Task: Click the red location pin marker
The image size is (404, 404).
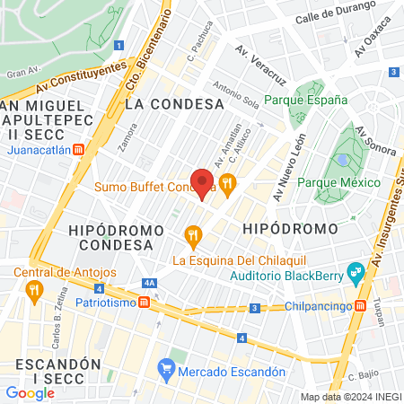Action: (x=203, y=182)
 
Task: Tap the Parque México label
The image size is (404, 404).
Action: (x=338, y=183)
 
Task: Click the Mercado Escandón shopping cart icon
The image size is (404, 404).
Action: (x=165, y=368)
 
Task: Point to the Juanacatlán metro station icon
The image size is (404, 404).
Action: (x=80, y=151)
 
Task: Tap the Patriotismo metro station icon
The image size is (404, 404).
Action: (x=144, y=303)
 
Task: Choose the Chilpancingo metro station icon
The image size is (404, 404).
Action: (x=360, y=304)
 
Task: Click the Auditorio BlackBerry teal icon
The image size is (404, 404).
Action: (x=355, y=270)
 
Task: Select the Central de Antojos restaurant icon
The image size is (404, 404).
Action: (x=34, y=289)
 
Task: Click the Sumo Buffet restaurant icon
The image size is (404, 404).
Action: (x=228, y=186)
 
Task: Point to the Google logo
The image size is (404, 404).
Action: (x=30, y=392)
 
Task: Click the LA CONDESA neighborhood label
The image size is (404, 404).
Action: (x=174, y=104)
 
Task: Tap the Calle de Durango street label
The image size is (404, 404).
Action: (x=329, y=16)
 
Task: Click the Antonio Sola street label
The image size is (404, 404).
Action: (x=237, y=96)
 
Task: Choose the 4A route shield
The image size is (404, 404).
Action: (x=149, y=284)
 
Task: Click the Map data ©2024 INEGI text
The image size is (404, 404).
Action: (x=349, y=397)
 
